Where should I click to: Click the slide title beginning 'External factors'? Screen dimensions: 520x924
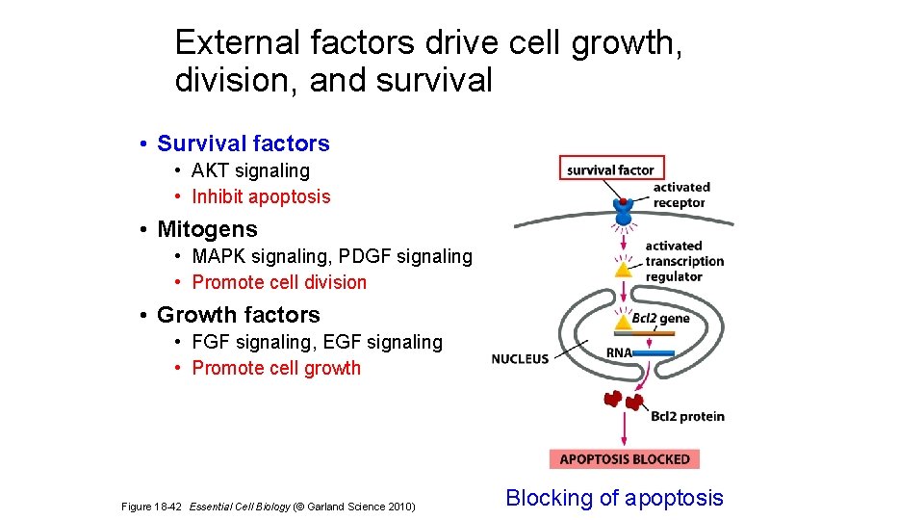tap(428, 61)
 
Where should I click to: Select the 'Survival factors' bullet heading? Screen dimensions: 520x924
tap(243, 143)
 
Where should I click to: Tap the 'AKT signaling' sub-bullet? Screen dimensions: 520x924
tap(250, 170)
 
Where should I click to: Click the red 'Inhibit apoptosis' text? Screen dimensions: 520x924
tap(261, 196)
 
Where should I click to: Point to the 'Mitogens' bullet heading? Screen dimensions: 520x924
tap(207, 229)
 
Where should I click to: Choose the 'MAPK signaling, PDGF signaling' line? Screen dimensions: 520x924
tap(332, 256)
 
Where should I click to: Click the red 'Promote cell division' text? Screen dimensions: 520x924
tap(279, 282)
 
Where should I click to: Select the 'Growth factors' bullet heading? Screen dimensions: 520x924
tap(238, 315)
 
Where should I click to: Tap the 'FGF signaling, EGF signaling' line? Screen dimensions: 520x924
tap(317, 342)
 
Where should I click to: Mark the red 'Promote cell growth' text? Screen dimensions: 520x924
tap(276, 368)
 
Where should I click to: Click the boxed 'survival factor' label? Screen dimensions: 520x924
tap(611, 169)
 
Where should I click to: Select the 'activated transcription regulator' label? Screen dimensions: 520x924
tap(683, 261)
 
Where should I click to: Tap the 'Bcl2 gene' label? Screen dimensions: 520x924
tap(660, 319)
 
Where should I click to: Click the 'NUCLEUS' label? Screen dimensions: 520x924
tap(520, 358)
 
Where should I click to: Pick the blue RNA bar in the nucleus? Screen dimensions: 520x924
tap(653, 353)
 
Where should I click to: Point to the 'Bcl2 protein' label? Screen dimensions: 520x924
tap(687, 416)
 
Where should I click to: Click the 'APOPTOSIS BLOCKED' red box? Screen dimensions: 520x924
tap(624, 458)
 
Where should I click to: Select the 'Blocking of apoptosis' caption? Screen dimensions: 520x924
tap(614, 498)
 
